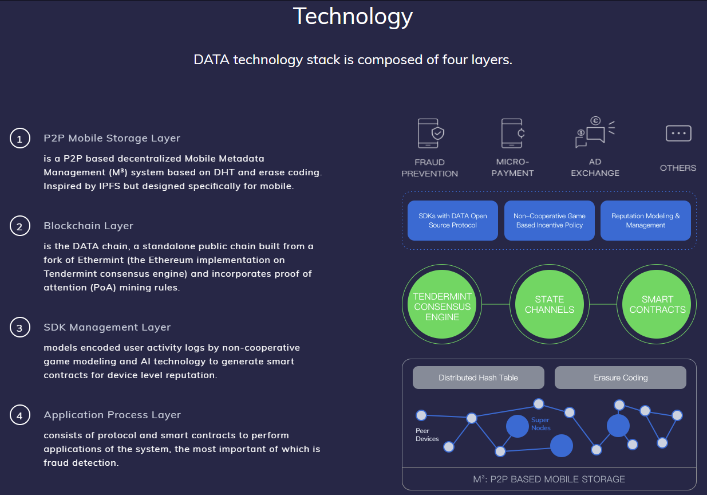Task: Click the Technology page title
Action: [x=353, y=16]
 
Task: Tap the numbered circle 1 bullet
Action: [x=19, y=139]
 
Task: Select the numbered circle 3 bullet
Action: [x=19, y=328]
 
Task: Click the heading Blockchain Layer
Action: [x=88, y=226]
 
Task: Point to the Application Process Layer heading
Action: [x=112, y=415]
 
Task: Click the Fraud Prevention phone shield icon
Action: [x=430, y=133]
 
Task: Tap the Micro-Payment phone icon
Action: [x=513, y=133]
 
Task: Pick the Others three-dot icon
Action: [x=678, y=133]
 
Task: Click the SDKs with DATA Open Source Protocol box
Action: [x=452, y=221]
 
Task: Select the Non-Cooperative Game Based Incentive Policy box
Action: [x=550, y=221]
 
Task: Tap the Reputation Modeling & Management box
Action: [x=646, y=221]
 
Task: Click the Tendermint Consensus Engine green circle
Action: [x=443, y=307]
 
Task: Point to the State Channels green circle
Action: [x=550, y=305]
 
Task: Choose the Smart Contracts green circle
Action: [x=657, y=305]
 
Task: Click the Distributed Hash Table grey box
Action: [x=478, y=378]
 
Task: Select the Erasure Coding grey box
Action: [x=621, y=378]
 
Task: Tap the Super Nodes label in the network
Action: [x=540, y=424]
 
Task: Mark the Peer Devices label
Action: [x=427, y=435]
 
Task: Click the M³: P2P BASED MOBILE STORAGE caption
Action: [x=549, y=479]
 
